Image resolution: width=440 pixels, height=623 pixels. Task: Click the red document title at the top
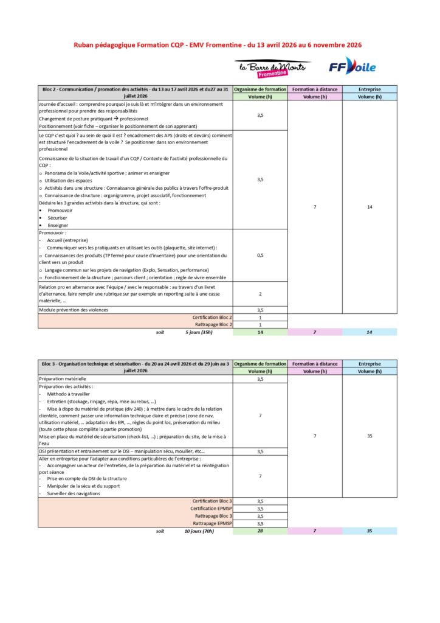[x=218, y=44]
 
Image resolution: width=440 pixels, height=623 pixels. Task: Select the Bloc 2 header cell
[x=135, y=92]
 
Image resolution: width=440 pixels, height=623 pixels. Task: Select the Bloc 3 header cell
[x=135, y=367]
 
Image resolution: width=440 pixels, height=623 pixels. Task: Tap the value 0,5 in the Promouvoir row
[x=260, y=256]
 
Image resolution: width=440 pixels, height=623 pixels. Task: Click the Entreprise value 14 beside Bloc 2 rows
[x=370, y=207]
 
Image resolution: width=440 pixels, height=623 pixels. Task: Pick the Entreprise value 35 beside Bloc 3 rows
[x=370, y=436]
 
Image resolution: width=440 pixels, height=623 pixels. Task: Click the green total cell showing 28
[x=260, y=531]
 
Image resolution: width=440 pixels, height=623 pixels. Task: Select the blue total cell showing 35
[x=370, y=531]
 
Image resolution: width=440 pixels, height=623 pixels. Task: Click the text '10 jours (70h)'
[x=199, y=531]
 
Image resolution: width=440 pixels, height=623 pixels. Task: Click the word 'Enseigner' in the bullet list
[x=58, y=225]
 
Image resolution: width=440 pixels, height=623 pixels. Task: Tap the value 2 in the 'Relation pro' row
[x=260, y=294]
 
